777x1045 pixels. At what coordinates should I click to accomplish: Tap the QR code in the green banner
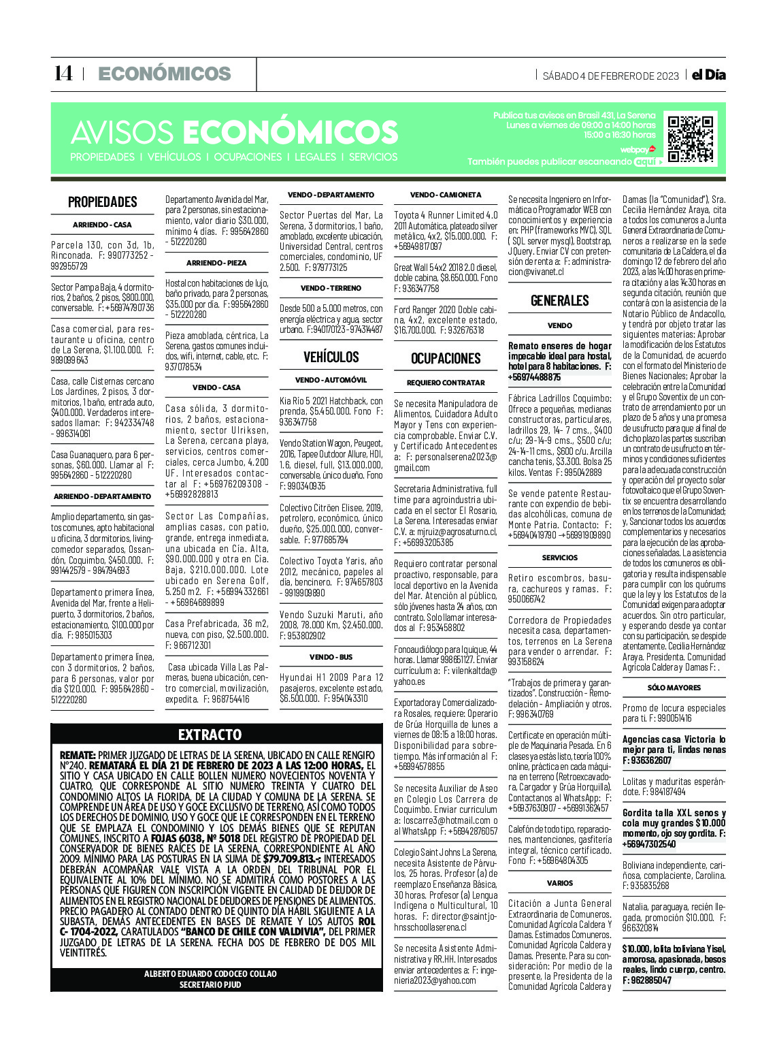click(691, 139)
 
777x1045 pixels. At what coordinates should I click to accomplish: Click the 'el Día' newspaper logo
click(708, 75)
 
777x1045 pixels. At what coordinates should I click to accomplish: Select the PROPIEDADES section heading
click(102, 202)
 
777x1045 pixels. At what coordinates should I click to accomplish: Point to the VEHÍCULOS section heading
click(331, 357)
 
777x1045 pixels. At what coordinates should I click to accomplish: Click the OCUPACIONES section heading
click(446, 358)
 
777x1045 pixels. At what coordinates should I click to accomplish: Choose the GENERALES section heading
click(559, 300)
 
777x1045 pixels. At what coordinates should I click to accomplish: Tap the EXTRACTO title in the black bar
click(210, 734)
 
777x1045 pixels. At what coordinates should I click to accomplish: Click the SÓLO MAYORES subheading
click(674, 688)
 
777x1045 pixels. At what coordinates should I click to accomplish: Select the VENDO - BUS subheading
click(331, 657)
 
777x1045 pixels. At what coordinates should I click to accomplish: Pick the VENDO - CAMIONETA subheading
click(446, 195)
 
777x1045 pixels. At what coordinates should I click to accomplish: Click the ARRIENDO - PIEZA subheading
click(216, 263)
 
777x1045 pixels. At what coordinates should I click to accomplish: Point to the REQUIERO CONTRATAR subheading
click(446, 383)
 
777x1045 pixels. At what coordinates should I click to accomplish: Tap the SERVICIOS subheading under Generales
click(559, 558)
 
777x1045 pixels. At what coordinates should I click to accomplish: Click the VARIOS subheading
click(559, 883)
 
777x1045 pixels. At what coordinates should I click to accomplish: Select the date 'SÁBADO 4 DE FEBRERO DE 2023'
click(610, 76)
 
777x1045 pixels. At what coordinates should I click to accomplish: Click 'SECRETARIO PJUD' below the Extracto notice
click(210, 984)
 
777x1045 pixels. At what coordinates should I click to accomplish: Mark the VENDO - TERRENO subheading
click(331, 288)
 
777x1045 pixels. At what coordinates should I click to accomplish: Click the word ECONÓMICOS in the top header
click(165, 74)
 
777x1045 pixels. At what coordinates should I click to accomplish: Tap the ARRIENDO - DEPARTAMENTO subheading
click(102, 496)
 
